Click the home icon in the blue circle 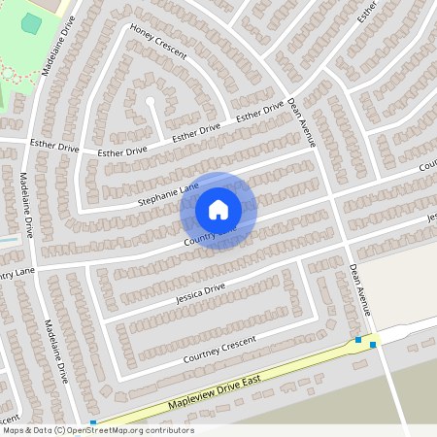218,209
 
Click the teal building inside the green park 32,23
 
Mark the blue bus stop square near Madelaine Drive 93,422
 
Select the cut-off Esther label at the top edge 366,13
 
